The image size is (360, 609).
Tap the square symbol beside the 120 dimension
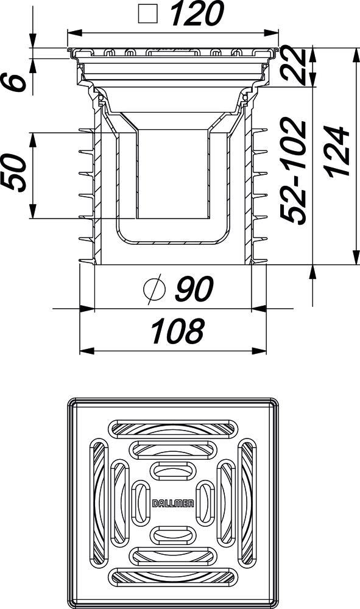coord(147,13)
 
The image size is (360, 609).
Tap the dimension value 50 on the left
coord(15,173)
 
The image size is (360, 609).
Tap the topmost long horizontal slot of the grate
coord(173,428)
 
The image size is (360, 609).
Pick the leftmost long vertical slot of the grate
coord(99,502)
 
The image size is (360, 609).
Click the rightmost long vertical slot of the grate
coord(247,502)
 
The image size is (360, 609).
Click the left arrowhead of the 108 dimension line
coord(85,351)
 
